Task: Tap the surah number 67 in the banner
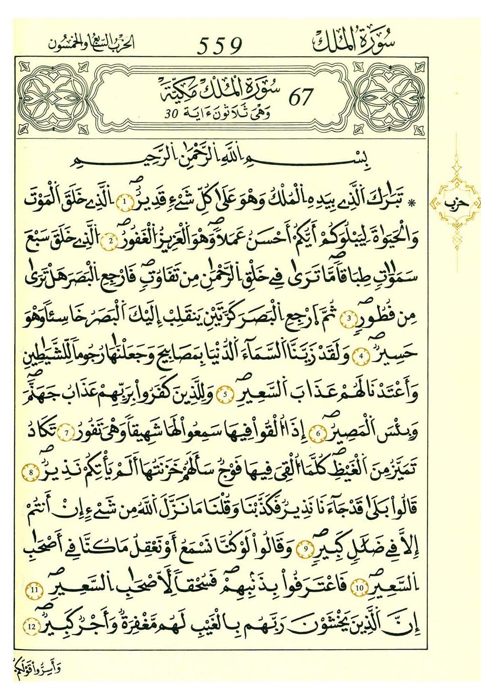(300, 97)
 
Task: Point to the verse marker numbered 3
(349, 318)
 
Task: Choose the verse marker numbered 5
(225, 394)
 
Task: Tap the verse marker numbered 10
(359, 587)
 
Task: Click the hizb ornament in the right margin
(455, 203)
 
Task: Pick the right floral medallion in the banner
(390, 98)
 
